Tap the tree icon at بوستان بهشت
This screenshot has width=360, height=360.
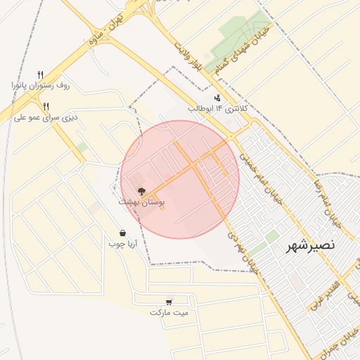tap(141, 191)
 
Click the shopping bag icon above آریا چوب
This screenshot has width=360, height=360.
tap(122, 233)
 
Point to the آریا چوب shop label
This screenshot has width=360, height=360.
tap(122, 244)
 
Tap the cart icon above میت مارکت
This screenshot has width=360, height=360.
tap(169, 301)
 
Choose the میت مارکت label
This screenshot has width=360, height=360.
tap(169, 311)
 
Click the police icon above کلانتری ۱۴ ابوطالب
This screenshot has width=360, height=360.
tap(217, 98)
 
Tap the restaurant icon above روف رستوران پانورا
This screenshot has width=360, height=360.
tap(41, 74)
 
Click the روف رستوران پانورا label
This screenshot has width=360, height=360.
tap(41, 85)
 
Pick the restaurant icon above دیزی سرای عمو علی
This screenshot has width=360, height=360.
tap(46, 106)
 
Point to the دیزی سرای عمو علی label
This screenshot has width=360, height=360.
tap(46, 117)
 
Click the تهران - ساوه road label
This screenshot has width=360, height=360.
tap(105, 27)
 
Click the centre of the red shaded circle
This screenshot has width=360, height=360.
tap(180, 179)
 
